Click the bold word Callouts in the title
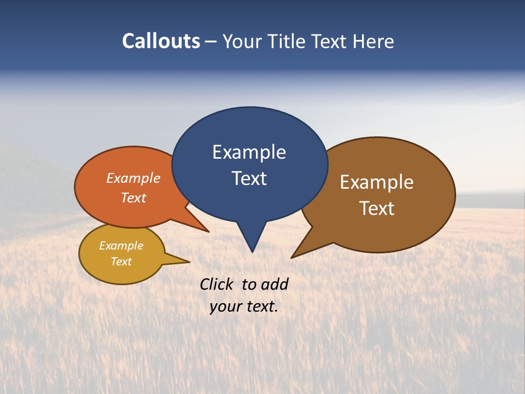click(x=161, y=41)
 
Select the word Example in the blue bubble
click(x=249, y=152)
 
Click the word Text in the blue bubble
click(x=249, y=178)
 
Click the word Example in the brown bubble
click(x=377, y=182)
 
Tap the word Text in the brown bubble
click(x=377, y=208)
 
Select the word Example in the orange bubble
click(x=133, y=178)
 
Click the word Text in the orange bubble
click(x=133, y=198)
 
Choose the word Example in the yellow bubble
click(x=121, y=246)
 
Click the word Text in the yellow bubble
click(x=121, y=262)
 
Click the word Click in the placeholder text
click(x=218, y=284)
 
